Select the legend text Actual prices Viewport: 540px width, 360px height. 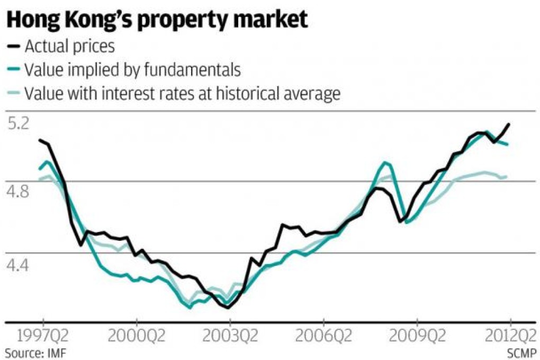pos(69,47)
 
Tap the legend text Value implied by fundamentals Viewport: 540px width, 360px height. pos(132,70)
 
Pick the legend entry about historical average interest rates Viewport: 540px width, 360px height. pos(182,93)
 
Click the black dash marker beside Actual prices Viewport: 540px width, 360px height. pos(14,47)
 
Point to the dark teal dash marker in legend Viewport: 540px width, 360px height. pos(14,70)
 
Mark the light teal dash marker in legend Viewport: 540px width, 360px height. pos(14,94)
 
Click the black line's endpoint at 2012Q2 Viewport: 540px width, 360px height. pos(509,124)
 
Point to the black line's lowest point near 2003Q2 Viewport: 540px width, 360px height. pos(228,308)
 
